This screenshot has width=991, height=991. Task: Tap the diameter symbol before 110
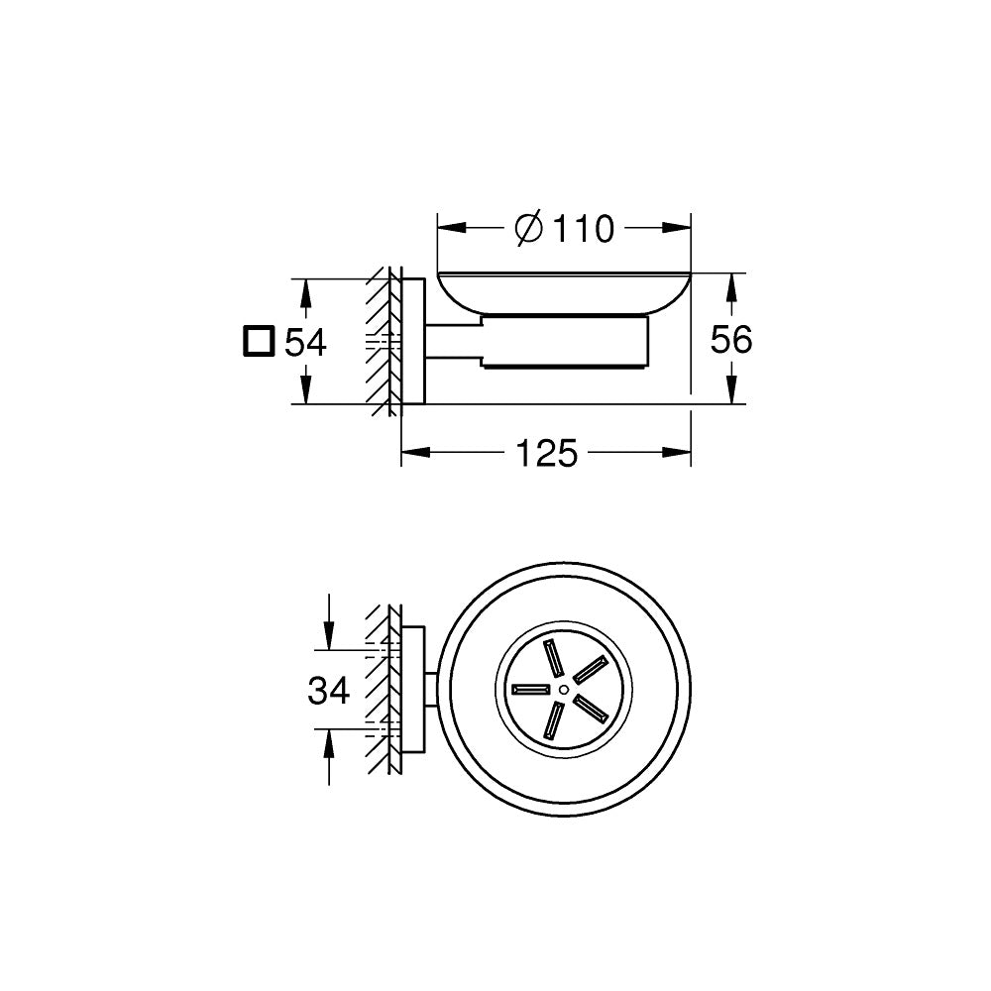coord(529,229)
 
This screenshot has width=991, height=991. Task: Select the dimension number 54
coord(305,343)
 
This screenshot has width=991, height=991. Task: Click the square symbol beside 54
coord(258,341)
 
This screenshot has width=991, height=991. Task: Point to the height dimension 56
coord(732,340)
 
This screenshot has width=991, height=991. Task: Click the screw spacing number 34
coord(329,690)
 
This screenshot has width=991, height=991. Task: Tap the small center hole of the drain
coord(563,688)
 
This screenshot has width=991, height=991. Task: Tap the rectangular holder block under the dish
coord(565,343)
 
